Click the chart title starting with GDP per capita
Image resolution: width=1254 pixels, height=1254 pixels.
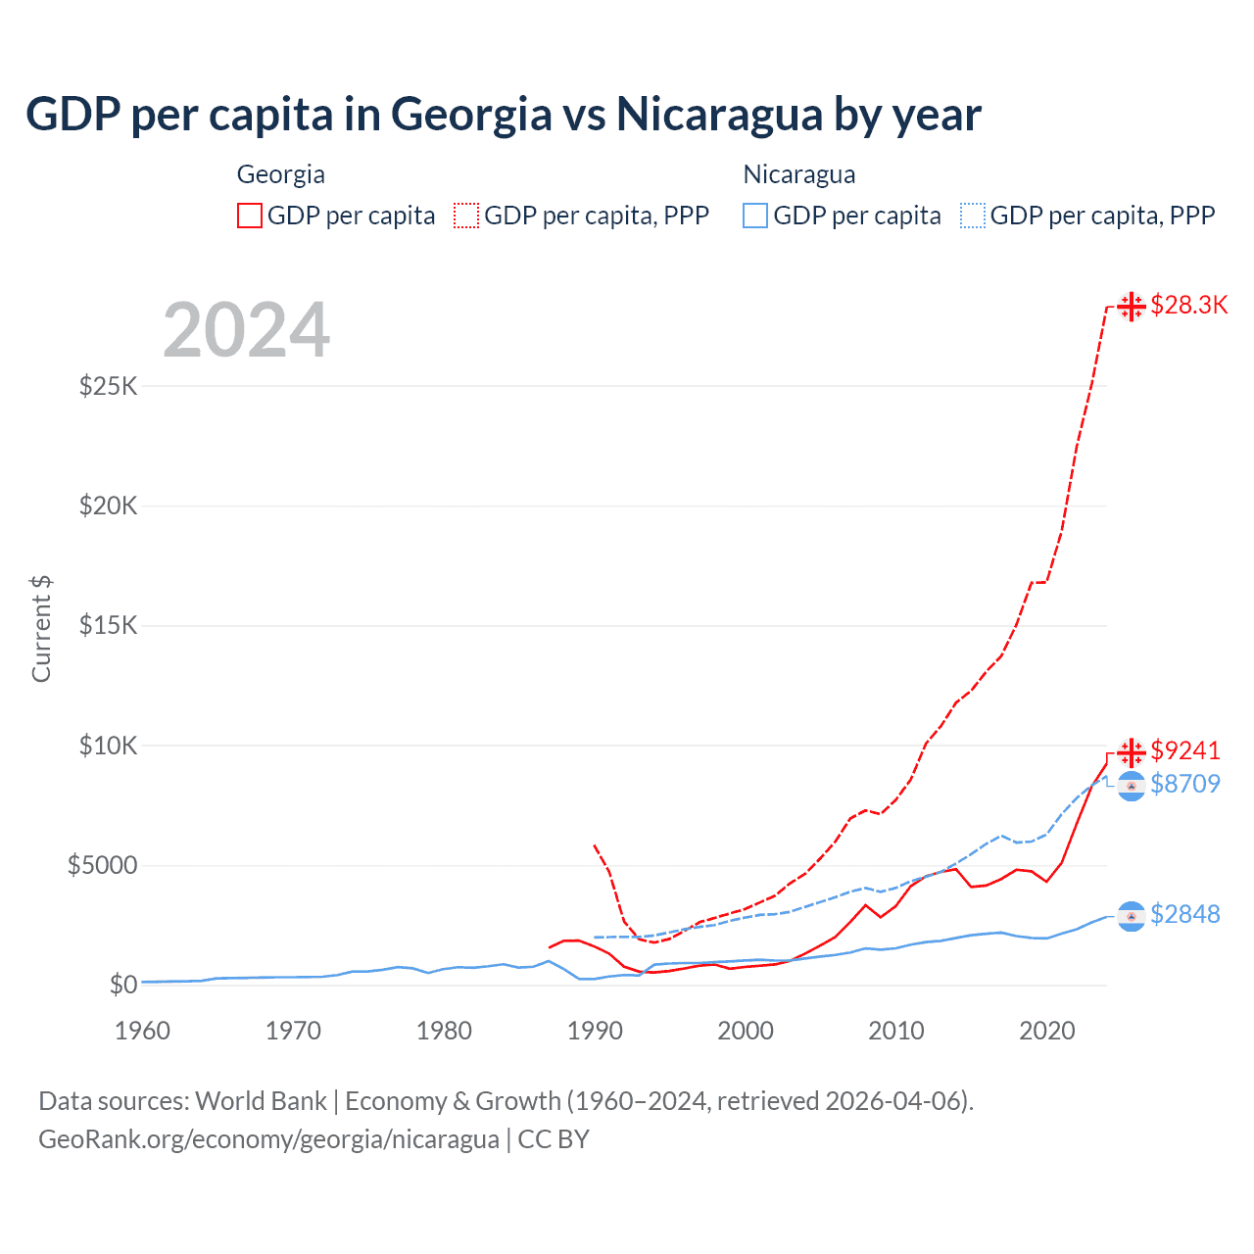(503, 115)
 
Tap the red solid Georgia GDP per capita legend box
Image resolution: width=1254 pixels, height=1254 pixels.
(250, 216)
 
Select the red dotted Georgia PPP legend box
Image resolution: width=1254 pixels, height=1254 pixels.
(466, 216)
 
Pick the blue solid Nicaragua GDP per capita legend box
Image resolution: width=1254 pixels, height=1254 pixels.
(755, 216)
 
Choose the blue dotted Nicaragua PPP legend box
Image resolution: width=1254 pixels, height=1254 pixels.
(973, 216)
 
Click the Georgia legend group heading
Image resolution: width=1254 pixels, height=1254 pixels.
(281, 174)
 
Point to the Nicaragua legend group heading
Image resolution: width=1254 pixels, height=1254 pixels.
(799, 174)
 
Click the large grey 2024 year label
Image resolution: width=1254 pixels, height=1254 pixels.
(246, 330)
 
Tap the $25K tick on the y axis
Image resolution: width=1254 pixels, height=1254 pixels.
(109, 386)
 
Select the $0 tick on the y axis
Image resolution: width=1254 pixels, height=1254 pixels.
(122, 985)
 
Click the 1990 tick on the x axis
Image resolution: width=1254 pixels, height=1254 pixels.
(595, 1031)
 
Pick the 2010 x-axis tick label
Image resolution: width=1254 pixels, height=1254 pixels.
(896, 1031)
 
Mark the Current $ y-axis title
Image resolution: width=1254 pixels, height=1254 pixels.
(41, 628)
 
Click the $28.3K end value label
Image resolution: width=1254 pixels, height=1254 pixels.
(1188, 306)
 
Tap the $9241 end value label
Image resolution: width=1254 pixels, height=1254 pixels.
(1185, 751)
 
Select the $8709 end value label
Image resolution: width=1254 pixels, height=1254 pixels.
(1185, 784)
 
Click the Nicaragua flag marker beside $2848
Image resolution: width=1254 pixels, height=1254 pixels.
(1132, 916)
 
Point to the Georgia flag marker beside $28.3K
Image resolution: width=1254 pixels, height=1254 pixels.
(1132, 307)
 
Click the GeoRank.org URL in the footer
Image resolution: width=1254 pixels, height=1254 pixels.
(268, 1139)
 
